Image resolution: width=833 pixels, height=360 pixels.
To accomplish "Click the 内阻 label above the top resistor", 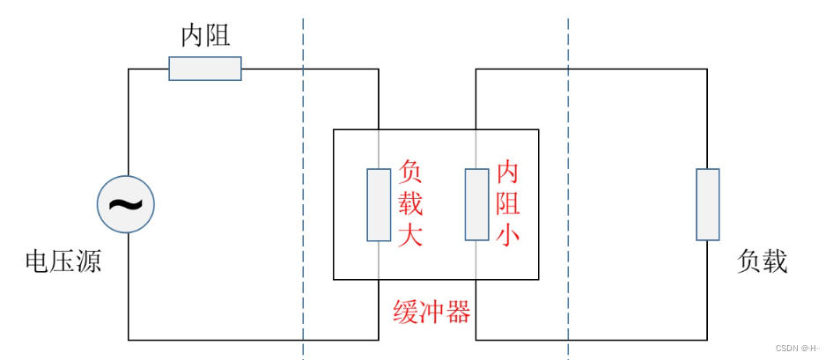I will [205, 36].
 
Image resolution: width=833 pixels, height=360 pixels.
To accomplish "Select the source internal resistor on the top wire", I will [205, 69].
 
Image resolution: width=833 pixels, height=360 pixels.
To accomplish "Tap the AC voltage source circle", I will [126, 204].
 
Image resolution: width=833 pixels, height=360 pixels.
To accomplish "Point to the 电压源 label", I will [63, 261].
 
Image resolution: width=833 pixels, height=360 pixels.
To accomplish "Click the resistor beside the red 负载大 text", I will [379, 204].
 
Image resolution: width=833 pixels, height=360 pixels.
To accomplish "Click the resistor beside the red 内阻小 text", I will [476, 204].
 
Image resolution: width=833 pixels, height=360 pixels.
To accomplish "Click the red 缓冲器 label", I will [431, 312].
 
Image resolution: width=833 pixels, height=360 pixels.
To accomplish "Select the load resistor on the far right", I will [708, 204].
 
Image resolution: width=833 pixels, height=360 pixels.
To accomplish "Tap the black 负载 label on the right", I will [762, 261].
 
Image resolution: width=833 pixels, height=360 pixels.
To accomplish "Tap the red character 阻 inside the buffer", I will [508, 204].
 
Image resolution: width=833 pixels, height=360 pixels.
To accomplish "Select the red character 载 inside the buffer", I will [411, 204].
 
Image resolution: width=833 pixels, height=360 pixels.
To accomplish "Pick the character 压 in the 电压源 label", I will [63, 261].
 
